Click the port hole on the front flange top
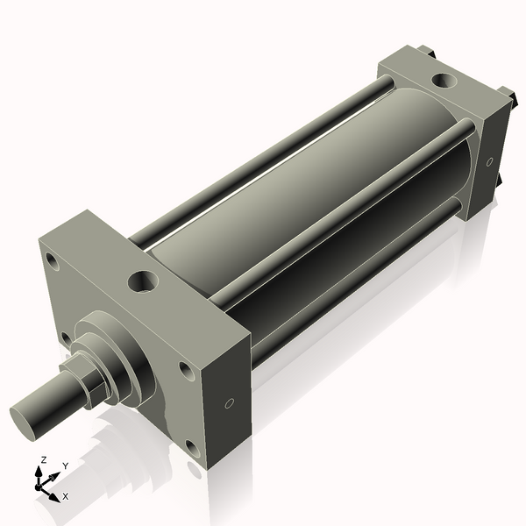coord(142,281)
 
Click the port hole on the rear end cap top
coord(444,82)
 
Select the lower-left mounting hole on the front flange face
coord(65,337)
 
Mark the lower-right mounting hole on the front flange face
coord(191,449)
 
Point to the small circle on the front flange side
coord(229,403)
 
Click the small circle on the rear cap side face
coord(489,161)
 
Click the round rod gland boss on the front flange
coord(118,355)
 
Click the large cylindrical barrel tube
coord(289,210)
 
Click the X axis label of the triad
coord(65,496)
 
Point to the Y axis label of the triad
coord(65,466)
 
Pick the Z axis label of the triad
coord(43,459)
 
